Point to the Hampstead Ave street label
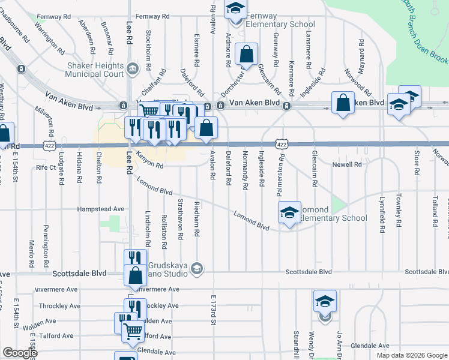[x=101, y=209]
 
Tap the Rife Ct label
[x=46, y=167]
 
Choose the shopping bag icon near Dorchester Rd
[x=247, y=55]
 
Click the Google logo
[x=20, y=353]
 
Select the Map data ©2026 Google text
[x=412, y=355]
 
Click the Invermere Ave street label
[x=157, y=289]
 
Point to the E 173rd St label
[x=213, y=310]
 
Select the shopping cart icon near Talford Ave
[x=132, y=331]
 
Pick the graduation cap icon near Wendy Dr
[x=325, y=302]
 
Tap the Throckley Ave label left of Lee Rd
[x=58, y=306]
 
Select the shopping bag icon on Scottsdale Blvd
[x=136, y=277]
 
